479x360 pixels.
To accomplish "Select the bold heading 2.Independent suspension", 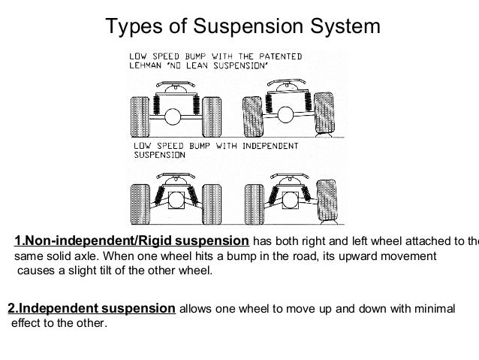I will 91,309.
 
